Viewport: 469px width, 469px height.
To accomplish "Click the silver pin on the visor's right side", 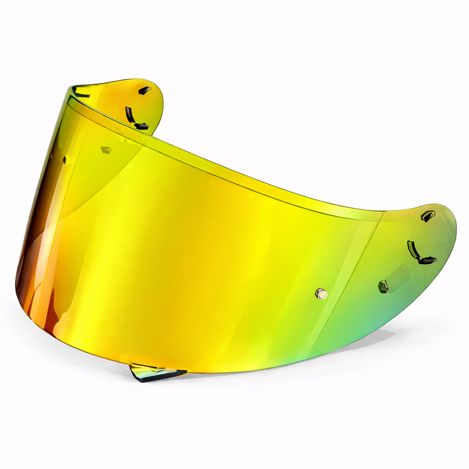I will point(322,294).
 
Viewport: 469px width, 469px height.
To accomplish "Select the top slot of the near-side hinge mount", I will point(428,216).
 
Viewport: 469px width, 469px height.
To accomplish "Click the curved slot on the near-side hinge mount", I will point(412,250).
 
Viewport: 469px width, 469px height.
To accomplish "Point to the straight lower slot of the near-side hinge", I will point(427,261).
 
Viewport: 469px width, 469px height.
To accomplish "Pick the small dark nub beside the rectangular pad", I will point(383,287).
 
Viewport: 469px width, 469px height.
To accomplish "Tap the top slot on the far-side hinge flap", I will point(145,90).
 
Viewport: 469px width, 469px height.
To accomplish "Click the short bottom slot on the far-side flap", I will point(142,125).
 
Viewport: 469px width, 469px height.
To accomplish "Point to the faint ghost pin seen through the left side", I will point(106,149).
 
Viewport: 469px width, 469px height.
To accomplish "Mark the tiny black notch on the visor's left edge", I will point(65,160).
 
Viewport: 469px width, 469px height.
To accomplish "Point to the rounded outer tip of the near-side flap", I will point(453,229).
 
